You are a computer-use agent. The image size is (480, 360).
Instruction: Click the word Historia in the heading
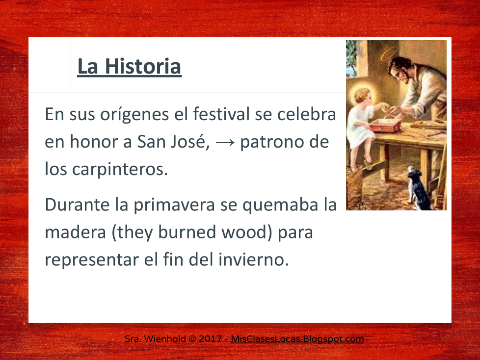[x=143, y=66]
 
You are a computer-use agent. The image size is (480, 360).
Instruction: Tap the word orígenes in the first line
[x=134, y=115]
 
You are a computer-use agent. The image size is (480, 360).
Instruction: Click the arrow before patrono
[x=225, y=142]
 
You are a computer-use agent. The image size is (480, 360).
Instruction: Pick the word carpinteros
[x=120, y=169]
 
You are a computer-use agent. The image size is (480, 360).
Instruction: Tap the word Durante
[x=77, y=205]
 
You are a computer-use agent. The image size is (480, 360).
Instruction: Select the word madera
[x=75, y=232]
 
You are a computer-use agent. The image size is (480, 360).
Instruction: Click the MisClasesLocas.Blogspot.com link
[x=297, y=339]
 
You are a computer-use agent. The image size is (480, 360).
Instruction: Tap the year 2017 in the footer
[x=210, y=339]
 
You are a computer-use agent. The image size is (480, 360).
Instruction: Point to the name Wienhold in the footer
[x=165, y=339]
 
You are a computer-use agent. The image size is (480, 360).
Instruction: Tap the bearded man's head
[x=401, y=70]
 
